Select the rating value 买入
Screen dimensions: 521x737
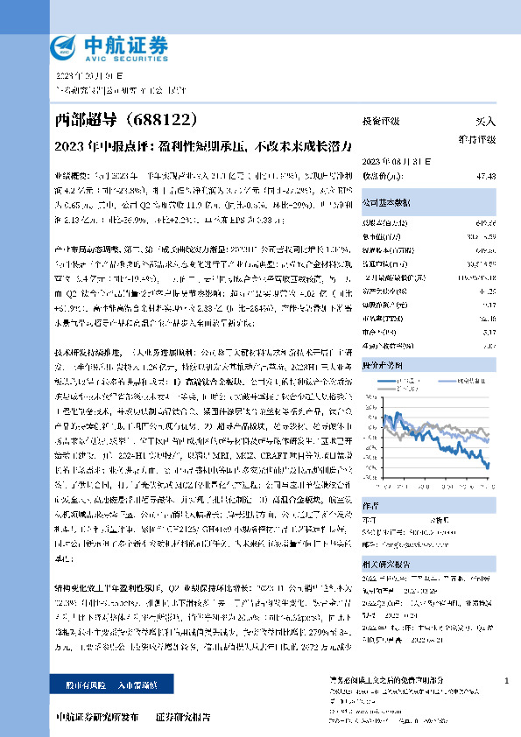pyautogui.click(x=485, y=120)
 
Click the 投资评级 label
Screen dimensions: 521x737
pyautogui.click(x=380, y=120)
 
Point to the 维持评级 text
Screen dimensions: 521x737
pyautogui.click(x=477, y=139)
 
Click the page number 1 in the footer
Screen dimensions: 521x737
pyautogui.click(x=507, y=681)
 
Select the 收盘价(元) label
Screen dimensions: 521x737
pyautogui.click(x=379, y=176)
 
